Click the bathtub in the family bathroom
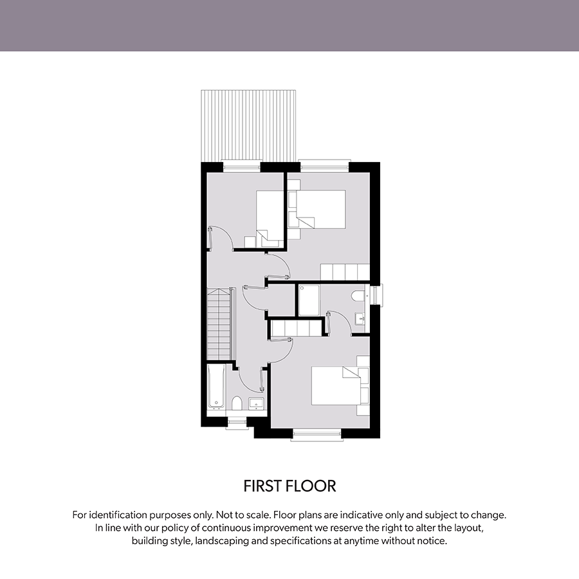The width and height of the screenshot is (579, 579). (216, 387)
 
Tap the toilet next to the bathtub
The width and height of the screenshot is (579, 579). (237, 403)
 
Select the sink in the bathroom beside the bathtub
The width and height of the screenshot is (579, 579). (256, 403)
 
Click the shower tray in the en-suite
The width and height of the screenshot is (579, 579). (309, 300)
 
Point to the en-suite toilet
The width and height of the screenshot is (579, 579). (358, 296)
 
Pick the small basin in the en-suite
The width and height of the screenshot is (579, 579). (360, 318)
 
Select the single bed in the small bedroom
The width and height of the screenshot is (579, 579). (270, 219)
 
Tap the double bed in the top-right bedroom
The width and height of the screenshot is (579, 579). (321, 209)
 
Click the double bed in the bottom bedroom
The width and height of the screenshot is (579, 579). (336, 385)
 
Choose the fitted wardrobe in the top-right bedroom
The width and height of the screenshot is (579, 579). (345, 272)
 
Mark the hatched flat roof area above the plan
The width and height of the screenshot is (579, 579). (248, 126)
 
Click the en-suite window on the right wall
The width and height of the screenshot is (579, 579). (376, 295)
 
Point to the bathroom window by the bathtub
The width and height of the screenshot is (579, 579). (236, 423)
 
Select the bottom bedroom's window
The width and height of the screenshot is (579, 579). (317, 435)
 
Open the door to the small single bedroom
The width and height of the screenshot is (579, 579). (220, 238)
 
